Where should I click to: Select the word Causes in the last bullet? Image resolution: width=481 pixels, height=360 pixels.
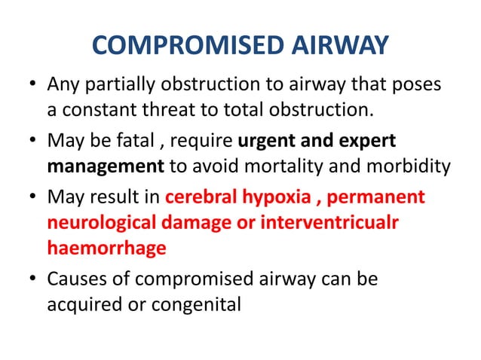(74, 279)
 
